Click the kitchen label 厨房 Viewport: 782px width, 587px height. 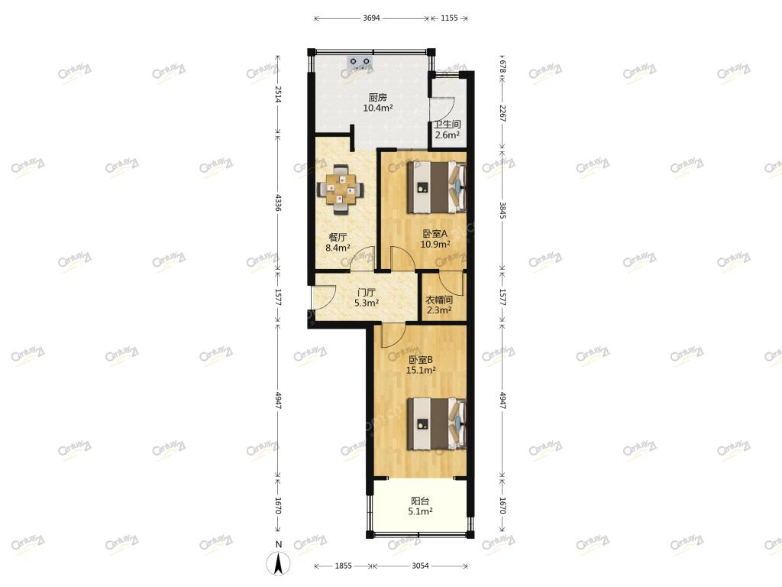[x=377, y=97]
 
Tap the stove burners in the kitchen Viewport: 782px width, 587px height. [x=360, y=61]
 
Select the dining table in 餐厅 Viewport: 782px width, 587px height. [x=341, y=190]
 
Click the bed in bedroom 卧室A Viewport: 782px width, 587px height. [x=436, y=187]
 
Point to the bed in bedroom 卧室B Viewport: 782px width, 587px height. [x=436, y=424]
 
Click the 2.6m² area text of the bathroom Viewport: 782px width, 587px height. [x=447, y=135]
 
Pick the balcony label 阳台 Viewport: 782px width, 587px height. [x=420, y=501]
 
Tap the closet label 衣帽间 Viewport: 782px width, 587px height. [x=439, y=300]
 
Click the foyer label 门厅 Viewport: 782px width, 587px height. [x=367, y=293]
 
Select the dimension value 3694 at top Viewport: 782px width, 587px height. [x=372, y=18]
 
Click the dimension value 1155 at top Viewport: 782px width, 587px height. [x=449, y=18]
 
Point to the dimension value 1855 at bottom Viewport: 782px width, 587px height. [x=343, y=566]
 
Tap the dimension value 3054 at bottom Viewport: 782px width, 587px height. [x=421, y=566]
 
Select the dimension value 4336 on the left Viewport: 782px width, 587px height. [x=278, y=203]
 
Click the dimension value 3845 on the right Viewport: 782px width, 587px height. [x=502, y=210]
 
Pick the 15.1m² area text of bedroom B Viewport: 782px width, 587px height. [x=421, y=371]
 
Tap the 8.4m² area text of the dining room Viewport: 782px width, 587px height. [x=338, y=248]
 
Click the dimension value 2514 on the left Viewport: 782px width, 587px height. [x=278, y=94]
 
